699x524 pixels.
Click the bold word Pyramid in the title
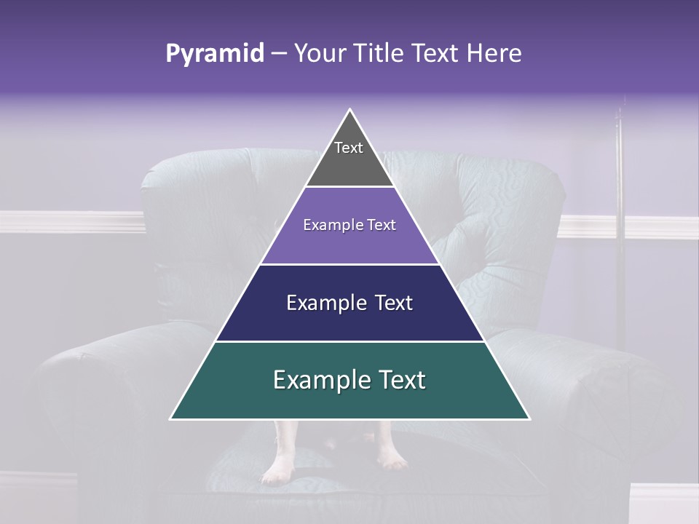tap(214, 54)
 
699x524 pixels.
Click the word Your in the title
tap(318, 53)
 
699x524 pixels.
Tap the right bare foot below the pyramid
tap(391, 455)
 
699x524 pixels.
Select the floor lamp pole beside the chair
tap(620, 218)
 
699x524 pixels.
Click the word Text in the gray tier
tap(349, 148)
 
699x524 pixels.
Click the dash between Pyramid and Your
tap(279, 54)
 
